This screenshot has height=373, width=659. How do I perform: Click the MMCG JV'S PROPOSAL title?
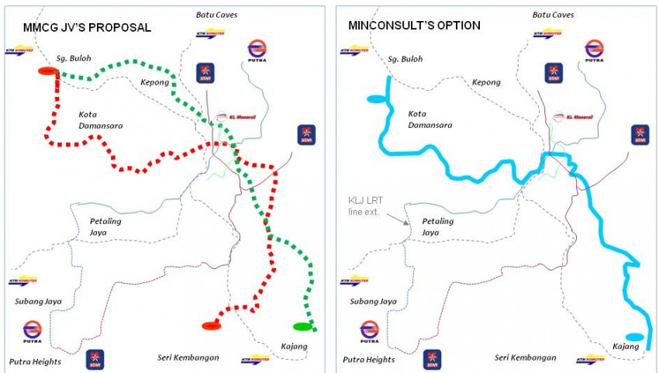[86, 28]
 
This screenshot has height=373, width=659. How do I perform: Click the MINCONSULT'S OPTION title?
[414, 26]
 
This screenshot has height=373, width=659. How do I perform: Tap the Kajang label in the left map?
[292, 346]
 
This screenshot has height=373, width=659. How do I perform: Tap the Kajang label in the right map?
[625, 346]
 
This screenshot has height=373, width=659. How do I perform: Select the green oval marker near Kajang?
[302, 326]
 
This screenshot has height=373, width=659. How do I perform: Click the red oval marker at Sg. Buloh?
[48, 71]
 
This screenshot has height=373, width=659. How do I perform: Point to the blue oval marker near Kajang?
[634, 337]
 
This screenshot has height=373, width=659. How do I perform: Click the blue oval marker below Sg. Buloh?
[374, 98]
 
